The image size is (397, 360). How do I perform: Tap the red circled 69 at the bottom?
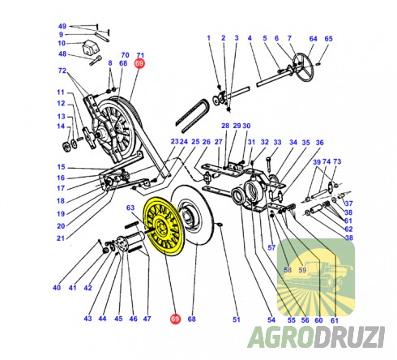tap(175, 319)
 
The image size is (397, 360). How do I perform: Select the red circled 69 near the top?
tap(139, 63)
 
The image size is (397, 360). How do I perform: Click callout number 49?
tap(62, 26)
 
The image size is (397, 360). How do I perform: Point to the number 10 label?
tap(62, 43)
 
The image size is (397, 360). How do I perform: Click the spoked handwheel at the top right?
tap(302, 67)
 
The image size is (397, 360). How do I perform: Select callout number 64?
tap(314, 39)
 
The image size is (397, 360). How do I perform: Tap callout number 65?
tap(328, 39)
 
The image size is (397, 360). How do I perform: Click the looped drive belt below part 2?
tap(192, 116)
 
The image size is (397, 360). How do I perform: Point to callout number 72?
tap(62, 71)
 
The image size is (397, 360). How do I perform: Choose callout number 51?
tap(237, 319)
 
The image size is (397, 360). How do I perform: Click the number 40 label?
tap(57, 288)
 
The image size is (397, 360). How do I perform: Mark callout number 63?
tap(130, 208)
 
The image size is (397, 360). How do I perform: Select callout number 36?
tap(319, 143)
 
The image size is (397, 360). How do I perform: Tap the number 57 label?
tap(271, 247)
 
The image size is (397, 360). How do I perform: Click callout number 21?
tap(61, 238)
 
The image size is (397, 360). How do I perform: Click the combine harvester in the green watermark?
tap(318, 276)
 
